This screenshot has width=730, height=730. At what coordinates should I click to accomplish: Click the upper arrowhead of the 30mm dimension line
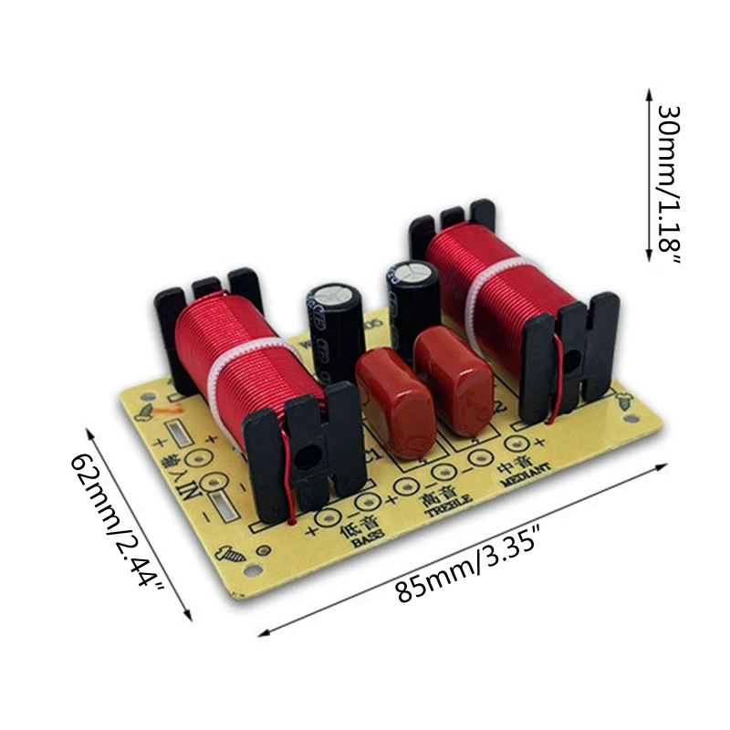[649, 96]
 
